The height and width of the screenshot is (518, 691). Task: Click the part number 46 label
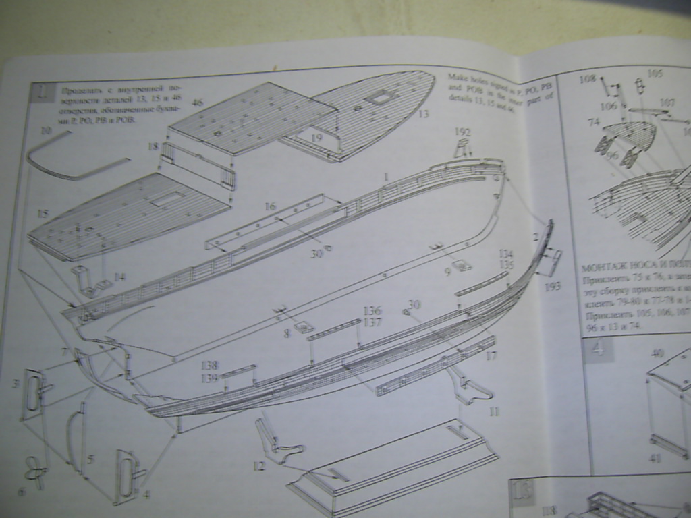tap(197, 103)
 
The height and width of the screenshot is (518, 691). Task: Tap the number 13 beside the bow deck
tap(423, 114)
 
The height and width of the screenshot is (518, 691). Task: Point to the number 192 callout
tap(462, 132)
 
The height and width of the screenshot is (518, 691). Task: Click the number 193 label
tap(551, 287)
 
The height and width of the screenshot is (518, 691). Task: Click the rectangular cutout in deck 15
tap(167, 199)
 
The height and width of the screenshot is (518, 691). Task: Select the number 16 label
tap(270, 206)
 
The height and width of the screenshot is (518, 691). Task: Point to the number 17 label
tap(491, 355)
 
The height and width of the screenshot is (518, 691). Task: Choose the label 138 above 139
tap(209, 365)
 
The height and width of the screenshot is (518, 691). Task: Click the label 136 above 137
tap(372, 311)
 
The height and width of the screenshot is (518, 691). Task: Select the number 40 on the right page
tap(657, 352)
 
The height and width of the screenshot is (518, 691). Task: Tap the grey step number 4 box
tap(598, 349)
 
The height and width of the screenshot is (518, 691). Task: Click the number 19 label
tap(316, 138)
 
